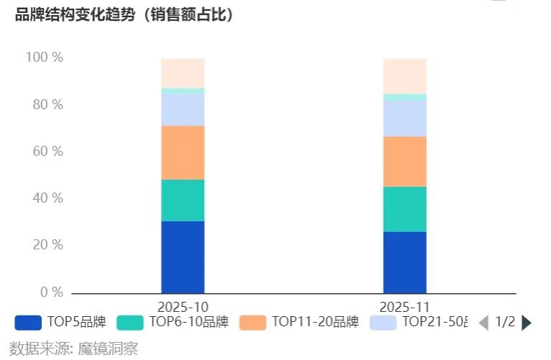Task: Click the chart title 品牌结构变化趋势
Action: [x=124, y=15]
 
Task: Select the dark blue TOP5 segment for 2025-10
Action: [x=182, y=257]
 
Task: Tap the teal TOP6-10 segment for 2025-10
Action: [x=182, y=200]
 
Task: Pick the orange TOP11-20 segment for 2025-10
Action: [x=182, y=152]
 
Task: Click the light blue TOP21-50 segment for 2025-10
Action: [x=182, y=109]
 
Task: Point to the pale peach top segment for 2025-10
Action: [x=182, y=73]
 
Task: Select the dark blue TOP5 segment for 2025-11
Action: [x=404, y=262]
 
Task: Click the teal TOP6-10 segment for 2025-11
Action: [x=404, y=209]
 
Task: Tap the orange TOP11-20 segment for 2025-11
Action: [x=404, y=162]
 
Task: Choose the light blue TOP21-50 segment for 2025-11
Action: [x=404, y=119]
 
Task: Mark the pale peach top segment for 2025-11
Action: [x=404, y=76]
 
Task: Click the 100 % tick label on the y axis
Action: [x=45, y=57]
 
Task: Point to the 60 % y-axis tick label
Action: [x=47, y=152]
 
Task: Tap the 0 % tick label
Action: [x=51, y=292]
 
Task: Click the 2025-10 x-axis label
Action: [x=183, y=306]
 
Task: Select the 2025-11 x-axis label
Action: [x=404, y=306]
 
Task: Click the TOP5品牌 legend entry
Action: [x=60, y=322]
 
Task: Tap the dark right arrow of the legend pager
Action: [x=527, y=323]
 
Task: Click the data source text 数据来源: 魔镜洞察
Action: [x=73, y=349]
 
